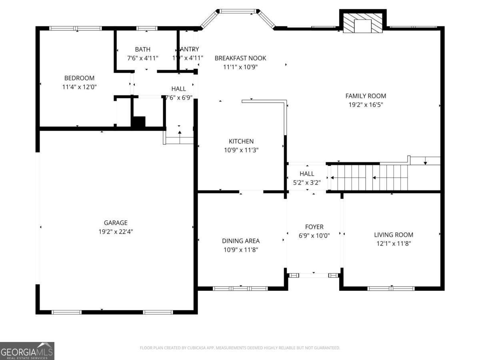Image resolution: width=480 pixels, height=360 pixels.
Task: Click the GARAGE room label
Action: tap(116, 223)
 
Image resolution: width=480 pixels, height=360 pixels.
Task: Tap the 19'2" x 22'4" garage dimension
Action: tap(116, 231)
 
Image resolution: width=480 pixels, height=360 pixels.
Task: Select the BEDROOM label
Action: tap(79, 78)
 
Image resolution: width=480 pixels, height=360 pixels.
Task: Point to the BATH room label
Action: tap(142, 50)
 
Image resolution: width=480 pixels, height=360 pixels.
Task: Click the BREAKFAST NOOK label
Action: tap(240, 58)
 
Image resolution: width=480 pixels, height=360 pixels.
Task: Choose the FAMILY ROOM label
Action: tap(366, 96)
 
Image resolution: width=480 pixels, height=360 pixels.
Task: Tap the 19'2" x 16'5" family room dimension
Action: tap(366, 104)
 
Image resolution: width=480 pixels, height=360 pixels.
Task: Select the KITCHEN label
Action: tap(241, 141)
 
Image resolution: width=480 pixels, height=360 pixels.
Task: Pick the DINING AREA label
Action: tap(241, 241)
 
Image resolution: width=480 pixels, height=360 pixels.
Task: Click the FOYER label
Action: tap(314, 227)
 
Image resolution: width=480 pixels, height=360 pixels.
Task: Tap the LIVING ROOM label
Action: tap(394, 235)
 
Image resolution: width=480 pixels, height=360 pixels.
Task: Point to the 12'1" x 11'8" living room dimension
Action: tap(394, 243)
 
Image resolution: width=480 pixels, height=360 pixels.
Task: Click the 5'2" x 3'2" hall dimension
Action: tap(307, 182)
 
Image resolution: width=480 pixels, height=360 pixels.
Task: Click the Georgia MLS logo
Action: tap(27, 351)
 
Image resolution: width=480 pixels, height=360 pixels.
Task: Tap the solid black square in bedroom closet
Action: tap(138, 122)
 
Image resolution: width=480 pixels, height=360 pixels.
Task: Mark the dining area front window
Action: tap(240, 288)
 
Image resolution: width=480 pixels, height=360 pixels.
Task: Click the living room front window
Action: tap(391, 288)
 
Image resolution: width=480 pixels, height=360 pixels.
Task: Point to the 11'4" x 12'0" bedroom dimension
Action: tap(79, 86)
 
